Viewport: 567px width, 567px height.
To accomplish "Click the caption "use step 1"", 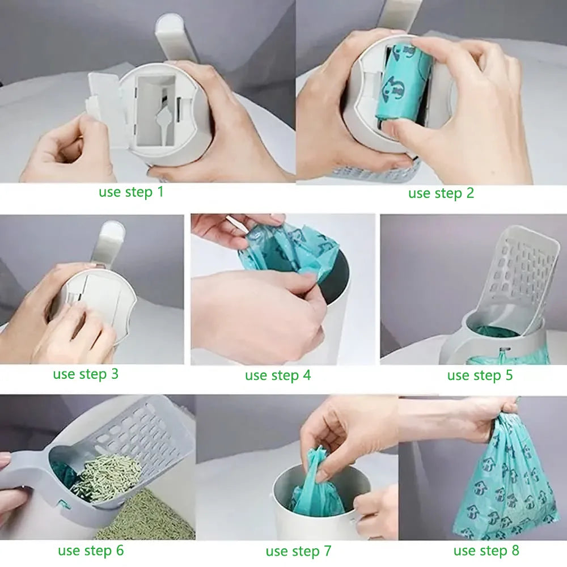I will (x=131, y=192).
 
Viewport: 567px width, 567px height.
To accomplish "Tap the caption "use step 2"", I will (x=441, y=193).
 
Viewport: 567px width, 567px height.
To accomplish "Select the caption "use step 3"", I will (x=86, y=374).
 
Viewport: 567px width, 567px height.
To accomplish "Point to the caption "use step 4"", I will (x=278, y=375).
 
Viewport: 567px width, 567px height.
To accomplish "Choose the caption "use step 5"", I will (x=480, y=375).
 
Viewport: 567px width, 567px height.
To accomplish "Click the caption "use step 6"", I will (x=90, y=550).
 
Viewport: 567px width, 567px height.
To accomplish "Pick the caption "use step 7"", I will (x=298, y=551).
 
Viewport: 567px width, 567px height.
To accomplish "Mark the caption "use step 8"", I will (x=486, y=550).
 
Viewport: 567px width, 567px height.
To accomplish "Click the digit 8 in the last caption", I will (x=514, y=550).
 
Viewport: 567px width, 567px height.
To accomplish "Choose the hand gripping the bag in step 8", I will (x=493, y=414).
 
